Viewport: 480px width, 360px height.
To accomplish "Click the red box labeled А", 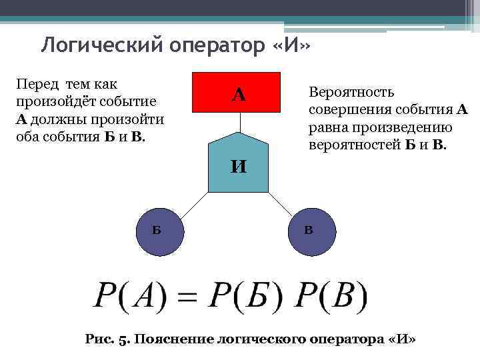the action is coord(239,92).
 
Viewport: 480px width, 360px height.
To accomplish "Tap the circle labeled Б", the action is coord(157,231).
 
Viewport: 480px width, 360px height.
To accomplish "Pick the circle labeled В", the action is coord(309,231).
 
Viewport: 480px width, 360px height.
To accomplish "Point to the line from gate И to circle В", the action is coord(279,203).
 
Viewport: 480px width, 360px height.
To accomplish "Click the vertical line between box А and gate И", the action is coord(239,121).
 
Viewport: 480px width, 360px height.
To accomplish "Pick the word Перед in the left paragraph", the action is coord(37,85).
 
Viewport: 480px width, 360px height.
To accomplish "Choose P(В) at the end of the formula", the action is coord(327,295).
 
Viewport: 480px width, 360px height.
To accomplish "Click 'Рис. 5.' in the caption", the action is coord(109,339).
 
